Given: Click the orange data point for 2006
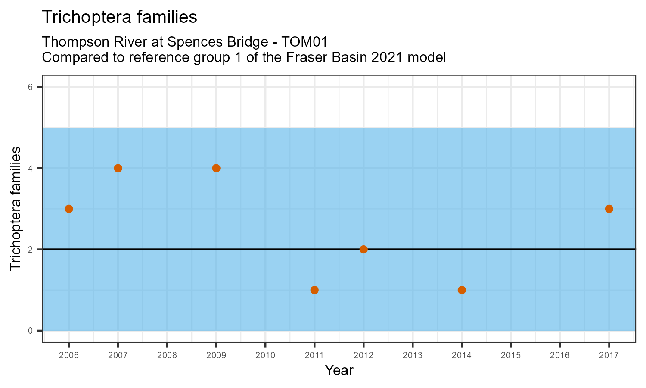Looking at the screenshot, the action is coord(68,209).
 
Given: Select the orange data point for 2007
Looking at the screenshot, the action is coord(118,168).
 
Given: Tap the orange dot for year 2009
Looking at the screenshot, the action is coord(216,168).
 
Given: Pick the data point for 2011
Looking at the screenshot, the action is coord(314,290).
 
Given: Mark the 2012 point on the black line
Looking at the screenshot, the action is coord(363,249).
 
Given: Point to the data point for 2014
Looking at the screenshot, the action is coord(462,290).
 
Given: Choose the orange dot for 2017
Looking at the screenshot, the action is coord(609,209).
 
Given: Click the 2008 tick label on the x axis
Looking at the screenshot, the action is coord(167,355).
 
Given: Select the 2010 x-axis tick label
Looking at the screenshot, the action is coord(265,355).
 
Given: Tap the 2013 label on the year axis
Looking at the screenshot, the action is coord(413,355).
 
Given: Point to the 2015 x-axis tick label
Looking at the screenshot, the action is coord(511,355).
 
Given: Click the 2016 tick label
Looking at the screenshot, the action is coord(560,355).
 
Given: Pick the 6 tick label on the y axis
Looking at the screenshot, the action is coord(30,87).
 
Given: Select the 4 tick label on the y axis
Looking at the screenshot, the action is coord(30,168).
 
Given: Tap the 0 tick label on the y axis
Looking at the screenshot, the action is coord(30,331).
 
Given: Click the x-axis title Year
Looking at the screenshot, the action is coord(339,370).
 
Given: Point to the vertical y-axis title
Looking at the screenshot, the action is coord(15,209).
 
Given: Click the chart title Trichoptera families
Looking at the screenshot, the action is coord(120,17).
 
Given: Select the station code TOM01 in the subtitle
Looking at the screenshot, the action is coord(304,42).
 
